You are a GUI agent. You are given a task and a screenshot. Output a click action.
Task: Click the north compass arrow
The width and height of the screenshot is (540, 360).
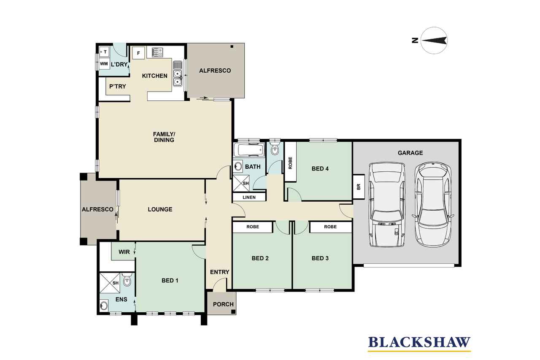tap(434, 41)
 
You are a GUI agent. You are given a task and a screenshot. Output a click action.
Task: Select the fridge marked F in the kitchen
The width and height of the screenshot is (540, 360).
tap(138, 53)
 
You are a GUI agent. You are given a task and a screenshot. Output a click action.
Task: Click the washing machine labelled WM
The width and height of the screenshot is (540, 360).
tap(104, 64)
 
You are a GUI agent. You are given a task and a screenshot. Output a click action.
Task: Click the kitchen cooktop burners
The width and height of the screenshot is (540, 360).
tap(157, 52)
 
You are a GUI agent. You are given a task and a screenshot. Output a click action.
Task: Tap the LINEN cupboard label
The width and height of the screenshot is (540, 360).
tap(249, 197)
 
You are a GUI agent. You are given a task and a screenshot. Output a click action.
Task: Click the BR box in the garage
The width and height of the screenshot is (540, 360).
tap(359, 187)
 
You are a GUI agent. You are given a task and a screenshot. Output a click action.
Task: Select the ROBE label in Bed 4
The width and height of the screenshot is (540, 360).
tap(290, 163)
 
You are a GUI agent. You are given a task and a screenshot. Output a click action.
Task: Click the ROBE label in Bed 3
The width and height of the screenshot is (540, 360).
tap(330, 227)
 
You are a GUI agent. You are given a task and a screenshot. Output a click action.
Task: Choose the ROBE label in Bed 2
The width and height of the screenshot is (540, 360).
tap(253, 227)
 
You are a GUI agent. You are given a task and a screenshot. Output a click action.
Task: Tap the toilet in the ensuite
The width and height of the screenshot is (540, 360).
tap(127, 280)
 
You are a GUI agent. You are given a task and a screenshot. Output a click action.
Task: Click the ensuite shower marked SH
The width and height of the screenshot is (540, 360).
tap(110, 282)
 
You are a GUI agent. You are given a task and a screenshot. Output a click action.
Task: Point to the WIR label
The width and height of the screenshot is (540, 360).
tap(124, 252)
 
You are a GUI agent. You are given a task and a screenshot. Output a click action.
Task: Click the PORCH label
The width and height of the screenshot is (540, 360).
tap(223, 304)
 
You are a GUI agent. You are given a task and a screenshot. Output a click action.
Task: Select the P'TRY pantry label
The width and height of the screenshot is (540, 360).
tap(118, 87)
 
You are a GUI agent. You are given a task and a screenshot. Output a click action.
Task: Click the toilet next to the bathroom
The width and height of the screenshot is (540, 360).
tap(275, 149)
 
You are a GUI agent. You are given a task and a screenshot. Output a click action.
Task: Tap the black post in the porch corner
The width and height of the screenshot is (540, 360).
tap(233, 312)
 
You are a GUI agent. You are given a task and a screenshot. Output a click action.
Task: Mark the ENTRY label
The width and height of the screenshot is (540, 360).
tap(220, 272)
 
